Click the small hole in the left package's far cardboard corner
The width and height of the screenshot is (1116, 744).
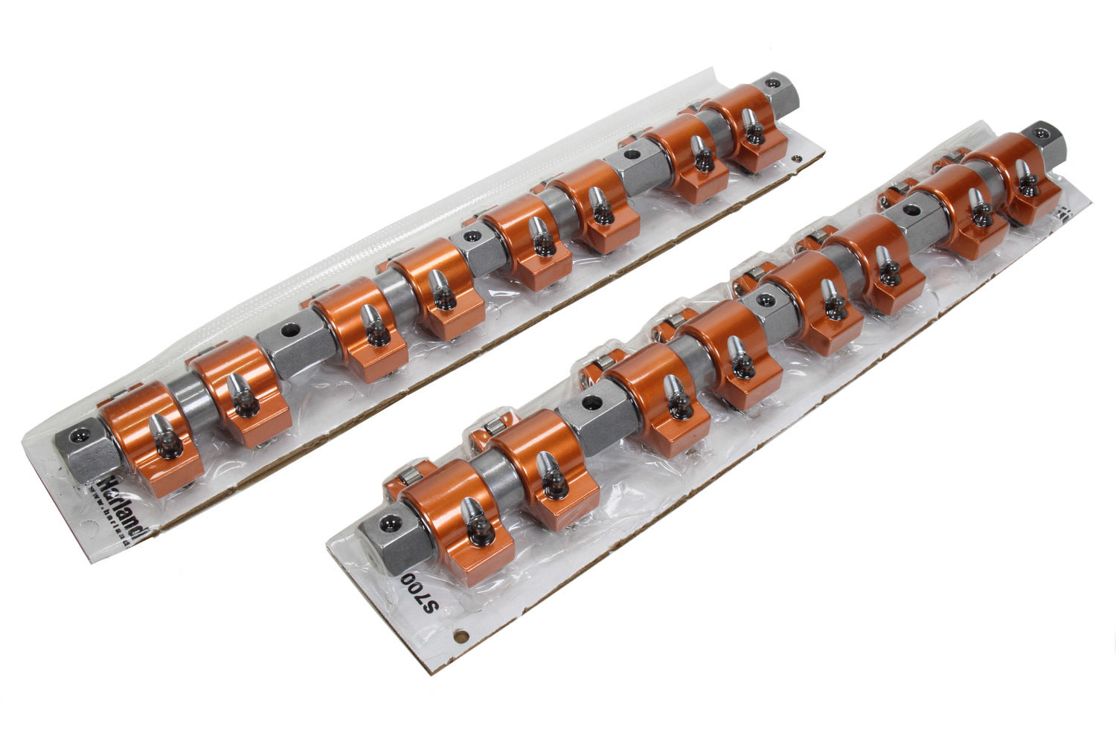797,158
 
